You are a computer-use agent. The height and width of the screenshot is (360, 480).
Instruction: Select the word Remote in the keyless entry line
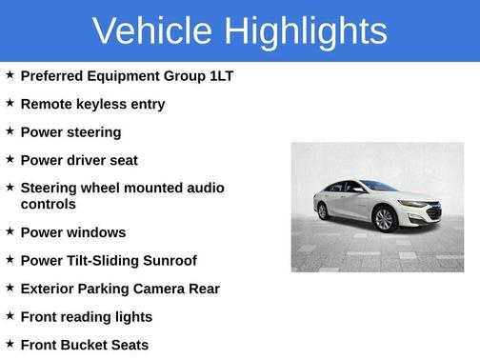47,104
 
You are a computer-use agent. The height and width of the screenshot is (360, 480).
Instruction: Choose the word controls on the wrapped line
48,204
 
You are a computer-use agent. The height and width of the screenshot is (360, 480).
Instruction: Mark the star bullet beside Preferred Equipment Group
10,74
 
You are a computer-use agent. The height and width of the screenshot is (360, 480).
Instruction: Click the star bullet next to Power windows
10,231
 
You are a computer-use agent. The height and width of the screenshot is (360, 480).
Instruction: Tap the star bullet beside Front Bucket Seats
10,344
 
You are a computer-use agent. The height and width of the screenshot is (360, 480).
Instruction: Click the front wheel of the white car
384,220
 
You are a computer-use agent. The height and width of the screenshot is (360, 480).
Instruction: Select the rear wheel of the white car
323,211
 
